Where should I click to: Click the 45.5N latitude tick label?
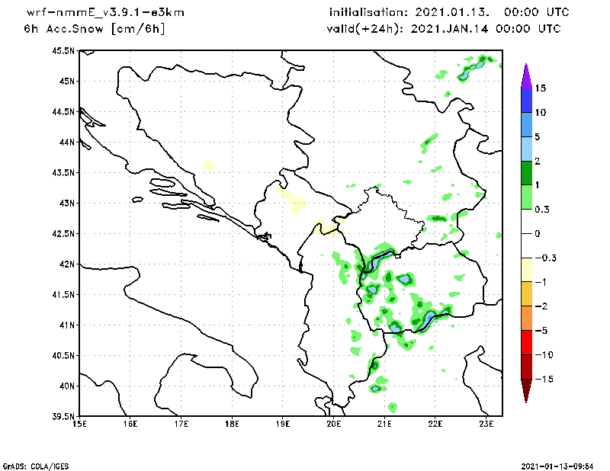[63, 51]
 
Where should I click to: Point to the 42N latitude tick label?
[66, 264]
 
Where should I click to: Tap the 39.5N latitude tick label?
[63, 417]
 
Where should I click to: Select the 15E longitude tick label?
[79, 425]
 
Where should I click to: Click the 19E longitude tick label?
[283, 425]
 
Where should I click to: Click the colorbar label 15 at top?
[540, 88]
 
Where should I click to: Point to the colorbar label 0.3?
[541, 209]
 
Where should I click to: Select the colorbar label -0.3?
[544, 258]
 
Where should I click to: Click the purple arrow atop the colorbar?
[526, 74]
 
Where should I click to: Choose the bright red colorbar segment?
[526, 343]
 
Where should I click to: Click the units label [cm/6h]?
[138, 29]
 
